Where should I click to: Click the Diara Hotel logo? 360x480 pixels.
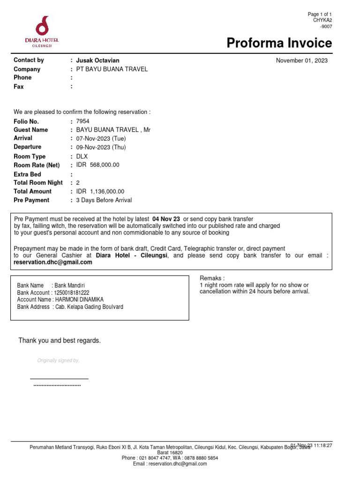pos(42,31)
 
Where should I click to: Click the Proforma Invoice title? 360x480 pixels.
pos(279,43)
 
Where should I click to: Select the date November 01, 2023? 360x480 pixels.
pos(301,60)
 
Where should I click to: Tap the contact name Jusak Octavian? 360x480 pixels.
pos(97,60)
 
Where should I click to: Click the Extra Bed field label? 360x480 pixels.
pos(27,174)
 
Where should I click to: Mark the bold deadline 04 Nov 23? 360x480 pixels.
pos(166,219)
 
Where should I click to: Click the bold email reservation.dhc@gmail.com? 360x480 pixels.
pos(53,262)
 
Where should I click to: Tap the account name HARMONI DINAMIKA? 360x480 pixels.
pos(79,300)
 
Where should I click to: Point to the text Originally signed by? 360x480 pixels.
pos(58,360)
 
